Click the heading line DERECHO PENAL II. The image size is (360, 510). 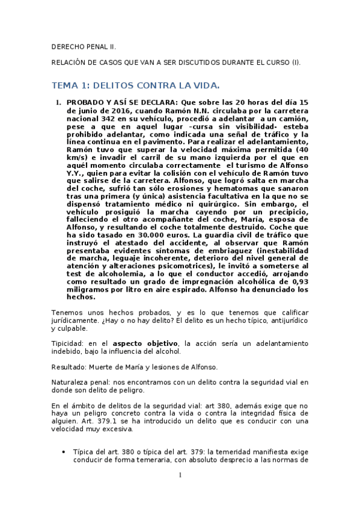click(x=84, y=46)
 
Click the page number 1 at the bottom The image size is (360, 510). click(x=180, y=475)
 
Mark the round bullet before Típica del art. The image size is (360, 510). click(x=64, y=451)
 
